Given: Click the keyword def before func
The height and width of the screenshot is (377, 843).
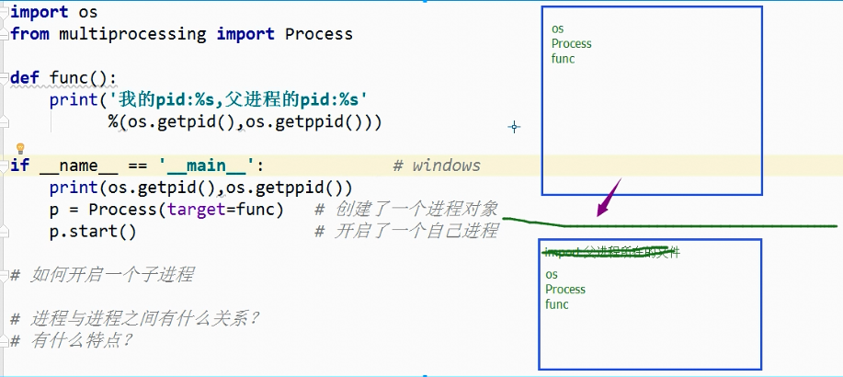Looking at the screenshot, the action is (25, 77).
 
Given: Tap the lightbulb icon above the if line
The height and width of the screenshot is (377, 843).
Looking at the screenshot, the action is (19, 148).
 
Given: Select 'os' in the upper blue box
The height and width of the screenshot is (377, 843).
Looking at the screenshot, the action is (557, 29).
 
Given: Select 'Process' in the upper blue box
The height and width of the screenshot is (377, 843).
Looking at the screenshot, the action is (571, 43).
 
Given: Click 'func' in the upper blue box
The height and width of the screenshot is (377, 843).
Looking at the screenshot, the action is (563, 58).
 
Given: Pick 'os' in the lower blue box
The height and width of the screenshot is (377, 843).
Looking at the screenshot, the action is (551, 274).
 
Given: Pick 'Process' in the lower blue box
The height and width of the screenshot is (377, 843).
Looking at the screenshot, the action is (564, 289).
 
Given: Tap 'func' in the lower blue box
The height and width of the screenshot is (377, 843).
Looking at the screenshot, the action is (556, 303).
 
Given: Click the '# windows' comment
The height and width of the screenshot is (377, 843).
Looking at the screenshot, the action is (436, 166).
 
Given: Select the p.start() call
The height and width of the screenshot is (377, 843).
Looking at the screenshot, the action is (92, 230).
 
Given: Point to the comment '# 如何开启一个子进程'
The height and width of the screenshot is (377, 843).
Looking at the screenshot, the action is (101, 274).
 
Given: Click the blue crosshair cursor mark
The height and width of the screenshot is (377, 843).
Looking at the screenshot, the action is (514, 127).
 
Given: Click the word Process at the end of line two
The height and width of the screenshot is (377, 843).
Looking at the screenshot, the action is (318, 34).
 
